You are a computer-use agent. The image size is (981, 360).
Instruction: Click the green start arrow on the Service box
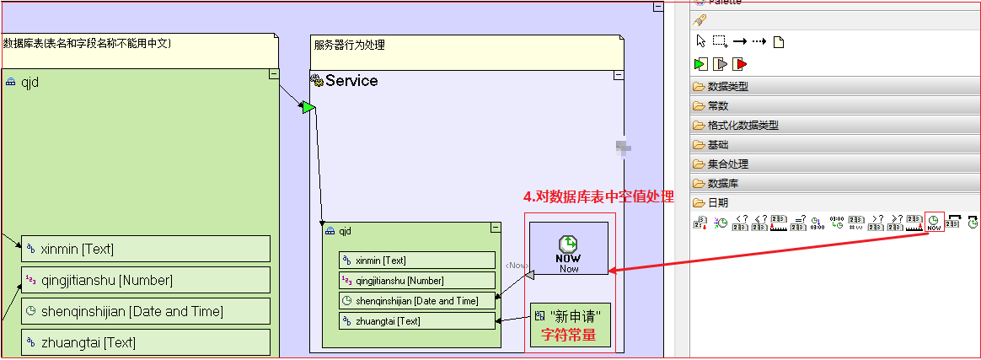(x=308, y=107)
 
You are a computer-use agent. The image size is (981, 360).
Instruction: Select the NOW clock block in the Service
(x=568, y=248)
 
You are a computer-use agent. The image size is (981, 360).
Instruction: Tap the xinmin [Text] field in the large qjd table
(x=146, y=249)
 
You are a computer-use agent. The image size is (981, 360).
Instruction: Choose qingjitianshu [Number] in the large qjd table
(x=146, y=280)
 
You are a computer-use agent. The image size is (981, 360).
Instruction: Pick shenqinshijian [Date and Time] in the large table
(x=146, y=311)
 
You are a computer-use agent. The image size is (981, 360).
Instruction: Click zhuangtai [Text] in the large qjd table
(x=146, y=341)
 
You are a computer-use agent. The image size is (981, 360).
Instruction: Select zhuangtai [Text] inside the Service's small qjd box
(x=416, y=320)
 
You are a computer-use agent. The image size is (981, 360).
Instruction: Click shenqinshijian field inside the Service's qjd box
(x=416, y=300)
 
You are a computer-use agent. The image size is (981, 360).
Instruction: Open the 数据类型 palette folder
(x=727, y=86)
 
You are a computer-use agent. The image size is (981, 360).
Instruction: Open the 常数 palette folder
(x=717, y=105)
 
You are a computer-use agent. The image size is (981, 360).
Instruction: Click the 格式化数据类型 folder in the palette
(x=742, y=125)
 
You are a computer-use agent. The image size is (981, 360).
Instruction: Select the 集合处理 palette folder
(x=727, y=164)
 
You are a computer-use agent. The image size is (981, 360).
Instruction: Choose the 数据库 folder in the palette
(x=722, y=183)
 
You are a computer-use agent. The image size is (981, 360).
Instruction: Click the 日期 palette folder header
(x=717, y=202)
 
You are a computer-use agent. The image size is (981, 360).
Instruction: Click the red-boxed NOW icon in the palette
(x=934, y=222)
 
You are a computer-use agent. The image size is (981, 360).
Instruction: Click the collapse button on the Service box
(x=619, y=75)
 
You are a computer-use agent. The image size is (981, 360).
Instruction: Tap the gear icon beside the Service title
(x=317, y=81)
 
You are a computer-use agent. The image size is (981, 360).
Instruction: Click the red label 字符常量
(x=568, y=335)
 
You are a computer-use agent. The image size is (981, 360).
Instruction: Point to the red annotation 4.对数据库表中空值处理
(x=598, y=196)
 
